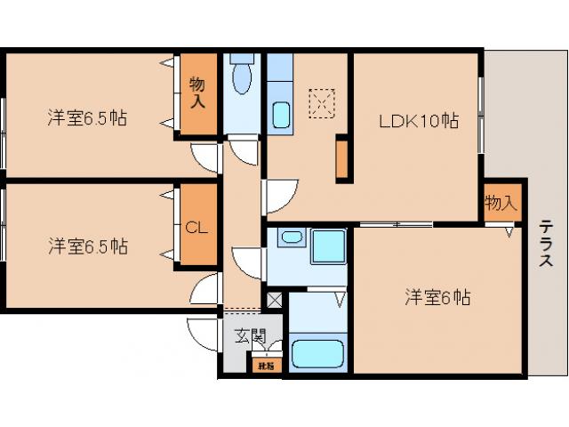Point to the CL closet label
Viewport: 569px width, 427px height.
pos(196,227)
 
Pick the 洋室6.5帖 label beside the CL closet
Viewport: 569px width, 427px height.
pos(87,246)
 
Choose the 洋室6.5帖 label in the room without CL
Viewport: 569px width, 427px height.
pos(87,117)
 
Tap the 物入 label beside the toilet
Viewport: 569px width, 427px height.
pos(197,93)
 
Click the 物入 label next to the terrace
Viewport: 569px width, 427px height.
pos(501,202)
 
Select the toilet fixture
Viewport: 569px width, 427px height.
pos(241,77)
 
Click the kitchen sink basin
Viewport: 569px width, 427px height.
pos(281,116)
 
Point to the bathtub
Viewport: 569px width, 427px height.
pos(317,353)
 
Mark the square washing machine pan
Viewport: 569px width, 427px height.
pos(327,246)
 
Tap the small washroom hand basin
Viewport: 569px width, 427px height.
pos(289,238)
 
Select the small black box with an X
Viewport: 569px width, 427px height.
pos(274,300)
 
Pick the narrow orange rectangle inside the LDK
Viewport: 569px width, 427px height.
pos(341,160)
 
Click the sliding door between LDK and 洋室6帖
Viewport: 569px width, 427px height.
pos(397,222)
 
